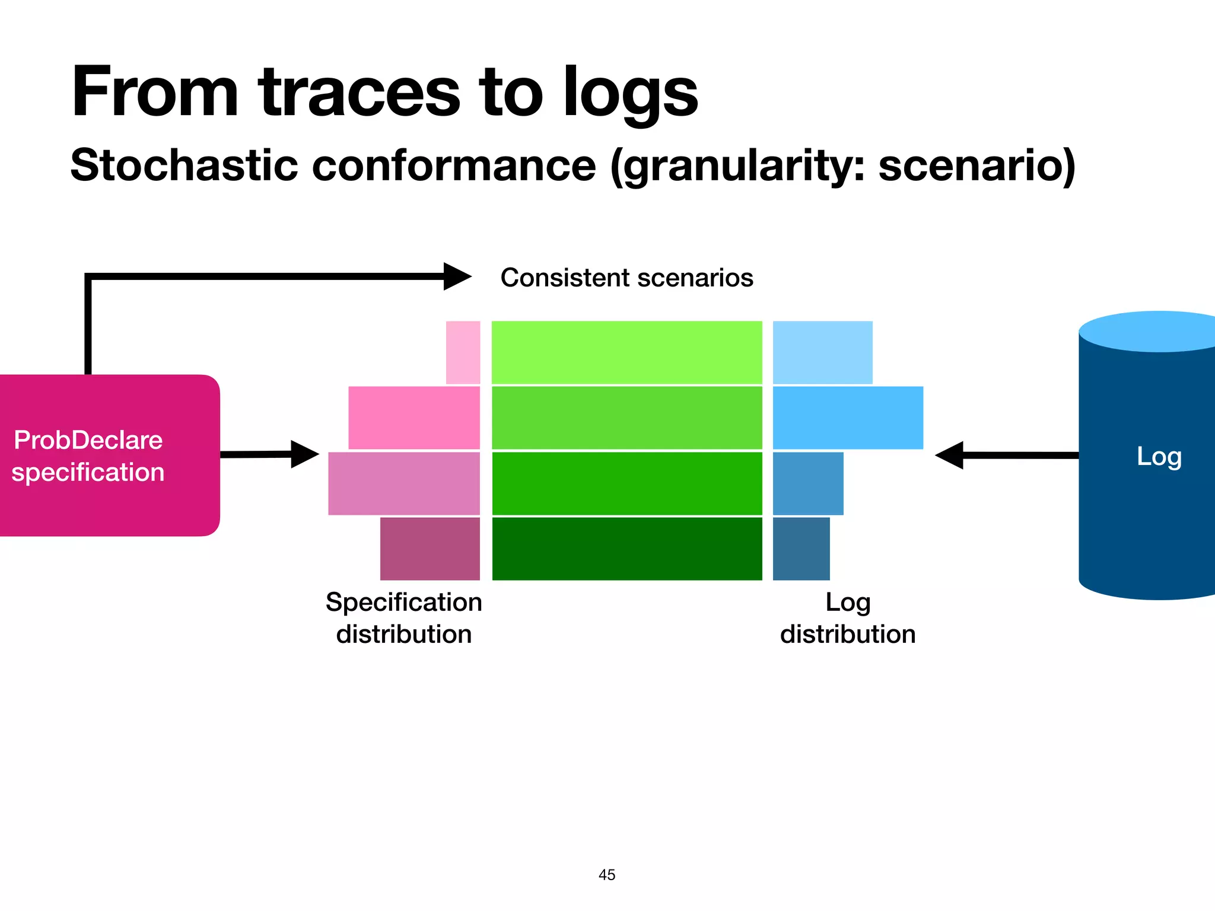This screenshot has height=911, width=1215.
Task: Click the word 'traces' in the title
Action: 359,94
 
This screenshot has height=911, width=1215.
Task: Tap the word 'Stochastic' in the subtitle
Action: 184,165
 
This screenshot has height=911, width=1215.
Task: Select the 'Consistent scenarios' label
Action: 626,278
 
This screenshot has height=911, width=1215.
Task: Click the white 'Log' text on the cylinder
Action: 1159,457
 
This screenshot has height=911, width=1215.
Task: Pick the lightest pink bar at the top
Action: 463,352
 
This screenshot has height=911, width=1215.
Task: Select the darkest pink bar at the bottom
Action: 430,549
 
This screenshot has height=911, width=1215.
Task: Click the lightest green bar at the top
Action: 626,352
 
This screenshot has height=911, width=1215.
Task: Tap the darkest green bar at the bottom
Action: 626,549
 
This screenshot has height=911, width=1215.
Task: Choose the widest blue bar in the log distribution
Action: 847,418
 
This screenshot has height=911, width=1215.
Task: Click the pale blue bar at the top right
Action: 822,352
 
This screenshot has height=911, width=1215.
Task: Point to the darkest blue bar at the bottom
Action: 801,549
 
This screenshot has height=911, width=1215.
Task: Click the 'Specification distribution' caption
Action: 403,618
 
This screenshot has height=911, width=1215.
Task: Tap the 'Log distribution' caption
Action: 847,618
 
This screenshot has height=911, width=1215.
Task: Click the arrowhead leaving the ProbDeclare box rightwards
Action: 304,454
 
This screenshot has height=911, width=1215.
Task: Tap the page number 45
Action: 607,875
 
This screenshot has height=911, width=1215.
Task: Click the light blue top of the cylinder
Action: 1157,331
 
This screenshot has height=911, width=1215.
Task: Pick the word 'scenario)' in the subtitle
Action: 977,165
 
